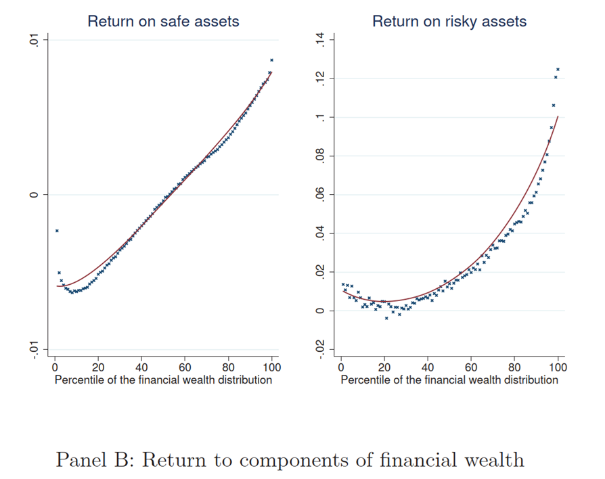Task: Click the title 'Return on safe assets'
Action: coord(163,21)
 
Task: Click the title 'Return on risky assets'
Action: coord(449,21)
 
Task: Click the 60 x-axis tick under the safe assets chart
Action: coord(185,367)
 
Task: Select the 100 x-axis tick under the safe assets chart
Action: coord(271,367)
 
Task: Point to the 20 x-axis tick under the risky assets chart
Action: coord(384,367)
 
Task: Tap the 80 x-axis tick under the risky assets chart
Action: coord(514,367)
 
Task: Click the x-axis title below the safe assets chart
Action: coord(163,380)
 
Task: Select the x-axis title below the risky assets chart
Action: coord(449,380)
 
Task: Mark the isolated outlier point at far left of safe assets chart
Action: coord(57,231)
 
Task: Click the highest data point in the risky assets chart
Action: coord(558,69)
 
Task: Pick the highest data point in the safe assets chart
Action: coord(271,60)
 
